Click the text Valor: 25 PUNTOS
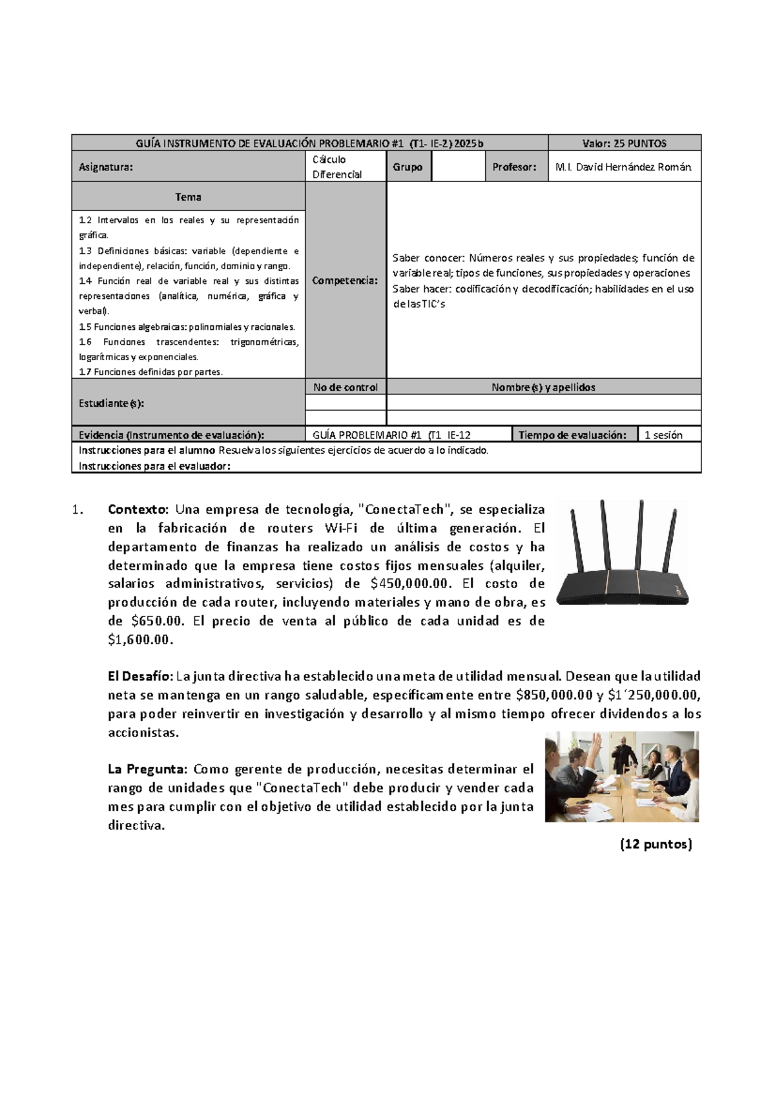[x=624, y=143]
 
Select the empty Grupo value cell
[x=457, y=167]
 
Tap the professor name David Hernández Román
[x=624, y=167]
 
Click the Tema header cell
[x=188, y=197]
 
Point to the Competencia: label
[x=345, y=281]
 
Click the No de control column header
[x=346, y=387]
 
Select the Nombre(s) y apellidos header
[x=543, y=387]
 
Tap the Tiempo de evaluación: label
[x=572, y=435]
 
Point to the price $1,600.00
[x=141, y=640]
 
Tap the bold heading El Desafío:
[x=140, y=676]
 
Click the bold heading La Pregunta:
[x=147, y=769]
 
